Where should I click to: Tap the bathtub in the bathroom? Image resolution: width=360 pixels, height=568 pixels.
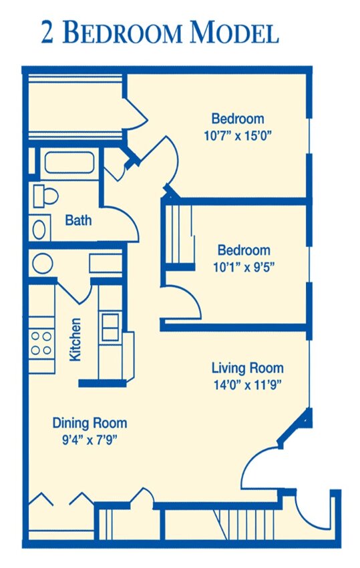(x=69, y=163)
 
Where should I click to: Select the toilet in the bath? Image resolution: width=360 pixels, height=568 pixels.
(x=45, y=196)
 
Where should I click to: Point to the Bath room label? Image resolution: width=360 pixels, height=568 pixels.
(x=78, y=220)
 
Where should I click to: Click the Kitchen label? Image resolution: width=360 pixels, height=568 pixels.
(x=75, y=340)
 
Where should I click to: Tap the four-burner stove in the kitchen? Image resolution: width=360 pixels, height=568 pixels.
(x=41, y=343)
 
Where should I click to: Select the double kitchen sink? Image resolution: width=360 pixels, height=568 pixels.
(x=110, y=327)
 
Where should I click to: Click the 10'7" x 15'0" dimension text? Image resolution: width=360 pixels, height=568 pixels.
(x=238, y=136)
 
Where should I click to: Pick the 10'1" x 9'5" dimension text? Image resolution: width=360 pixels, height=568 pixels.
(x=243, y=268)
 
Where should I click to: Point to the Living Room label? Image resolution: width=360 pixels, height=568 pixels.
(x=248, y=368)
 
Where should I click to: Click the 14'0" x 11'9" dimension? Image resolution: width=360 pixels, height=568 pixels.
(x=248, y=384)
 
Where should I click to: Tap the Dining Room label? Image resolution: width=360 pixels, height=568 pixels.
(x=89, y=422)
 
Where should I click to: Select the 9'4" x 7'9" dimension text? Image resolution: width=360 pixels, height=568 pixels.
(x=89, y=440)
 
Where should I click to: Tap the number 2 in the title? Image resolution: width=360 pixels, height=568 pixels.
(x=47, y=33)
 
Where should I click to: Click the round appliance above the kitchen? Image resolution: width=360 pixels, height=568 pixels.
(x=43, y=264)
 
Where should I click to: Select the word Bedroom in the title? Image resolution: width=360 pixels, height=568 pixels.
(x=122, y=32)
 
